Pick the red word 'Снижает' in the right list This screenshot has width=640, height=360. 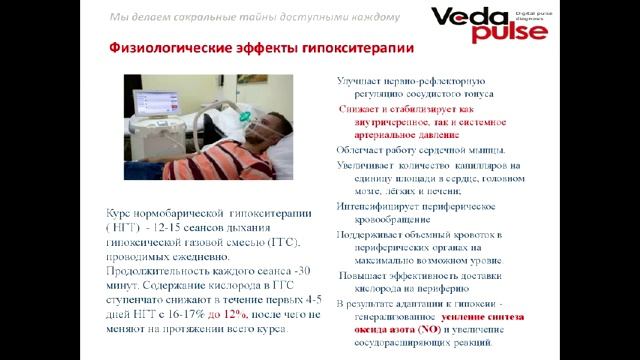coord(365,107)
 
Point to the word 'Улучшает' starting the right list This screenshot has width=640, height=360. coord(362,79)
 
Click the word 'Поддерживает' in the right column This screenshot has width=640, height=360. coord(373,233)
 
